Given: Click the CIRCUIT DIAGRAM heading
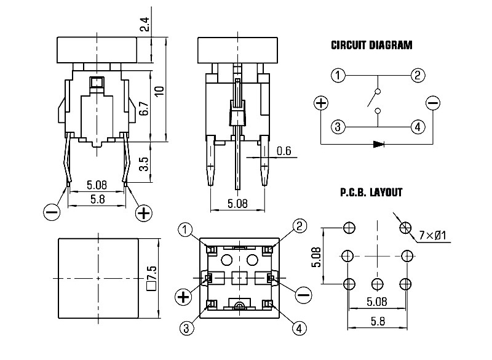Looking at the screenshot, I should (371, 45).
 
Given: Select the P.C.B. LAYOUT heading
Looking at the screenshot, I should (371, 193).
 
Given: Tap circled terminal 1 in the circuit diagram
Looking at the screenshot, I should (338, 76).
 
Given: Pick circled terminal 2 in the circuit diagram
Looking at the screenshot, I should (418, 76).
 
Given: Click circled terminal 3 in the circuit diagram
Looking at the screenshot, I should (338, 127).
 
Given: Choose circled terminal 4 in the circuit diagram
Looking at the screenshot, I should (418, 127).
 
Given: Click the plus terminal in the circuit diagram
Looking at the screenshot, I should (321, 103).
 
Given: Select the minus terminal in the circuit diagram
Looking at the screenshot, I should (433, 103).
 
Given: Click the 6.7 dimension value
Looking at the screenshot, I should (143, 109).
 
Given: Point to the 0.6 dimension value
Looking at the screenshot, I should (284, 151).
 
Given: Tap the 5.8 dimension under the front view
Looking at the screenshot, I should (97, 199).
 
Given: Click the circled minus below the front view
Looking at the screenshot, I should (53, 212).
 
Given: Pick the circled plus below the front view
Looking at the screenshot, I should (144, 213).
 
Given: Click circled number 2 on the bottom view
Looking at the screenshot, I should (299, 226).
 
